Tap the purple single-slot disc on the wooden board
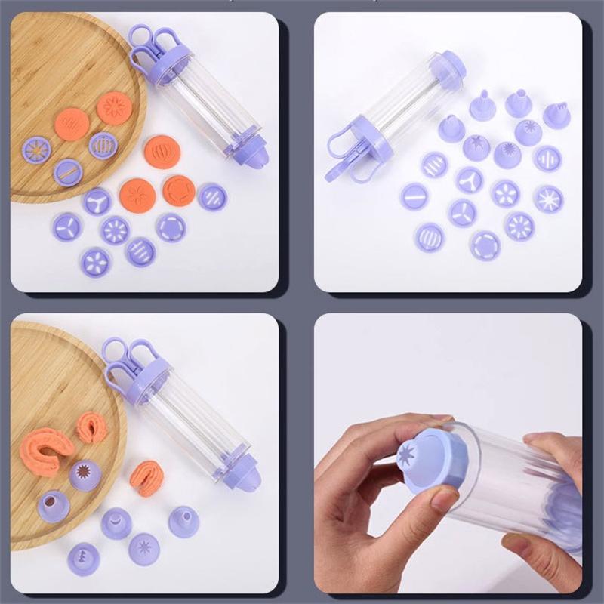pos(67,171)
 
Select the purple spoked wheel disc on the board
pos(35,149)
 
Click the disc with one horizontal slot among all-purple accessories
pos(414,196)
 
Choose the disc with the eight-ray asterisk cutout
pos(548,199)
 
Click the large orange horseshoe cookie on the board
pos(47,448)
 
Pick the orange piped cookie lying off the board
pos(146,477)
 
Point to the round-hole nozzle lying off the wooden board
pos(183,521)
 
